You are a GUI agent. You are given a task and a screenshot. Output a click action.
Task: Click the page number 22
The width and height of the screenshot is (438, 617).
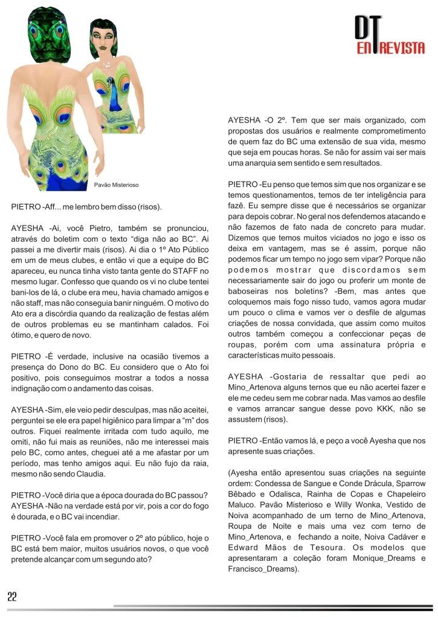(12, 596)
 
